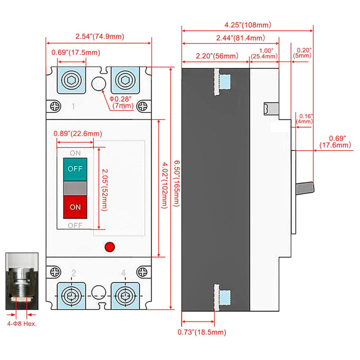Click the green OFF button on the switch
pyautogui.click(x=75, y=168)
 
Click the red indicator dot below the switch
pyautogui.click(x=109, y=246)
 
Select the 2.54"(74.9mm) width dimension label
pyautogui.click(x=99, y=36)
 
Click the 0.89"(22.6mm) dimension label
pyautogui.click(x=77, y=133)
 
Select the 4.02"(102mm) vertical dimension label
pyautogui.click(x=165, y=186)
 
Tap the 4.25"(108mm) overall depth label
pyautogui.click(x=247, y=24)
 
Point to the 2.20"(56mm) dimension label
pyautogui.click(x=216, y=56)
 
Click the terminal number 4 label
pyautogui.click(x=123, y=273)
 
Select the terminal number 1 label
pyautogui.click(x=73, y=106)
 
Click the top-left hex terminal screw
pyautogui.click(x=70, y=80)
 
